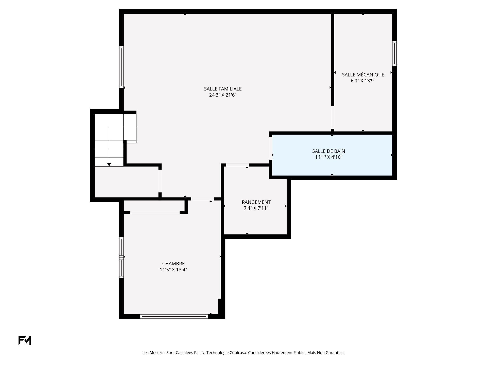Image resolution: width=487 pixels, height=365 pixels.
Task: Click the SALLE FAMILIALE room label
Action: [223, 89]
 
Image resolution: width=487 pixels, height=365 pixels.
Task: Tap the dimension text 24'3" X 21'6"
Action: [223, 95]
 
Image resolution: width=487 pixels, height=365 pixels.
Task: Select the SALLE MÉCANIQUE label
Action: [363, 75]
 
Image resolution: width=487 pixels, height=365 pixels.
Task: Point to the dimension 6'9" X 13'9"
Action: [363, 81]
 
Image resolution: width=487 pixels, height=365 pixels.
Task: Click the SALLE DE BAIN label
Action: [328, 151]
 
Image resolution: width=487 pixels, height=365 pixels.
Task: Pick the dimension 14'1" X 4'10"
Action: [328, 157]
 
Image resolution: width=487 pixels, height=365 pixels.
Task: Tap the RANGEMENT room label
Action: [256, 202]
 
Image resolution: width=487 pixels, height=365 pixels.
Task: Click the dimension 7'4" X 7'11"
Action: [256, 208]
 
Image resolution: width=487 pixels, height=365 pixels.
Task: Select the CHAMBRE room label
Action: [173, 264]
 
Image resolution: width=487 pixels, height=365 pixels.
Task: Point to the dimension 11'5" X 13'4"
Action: [173, 270]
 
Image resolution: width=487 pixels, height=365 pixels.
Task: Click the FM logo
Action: [25, 340]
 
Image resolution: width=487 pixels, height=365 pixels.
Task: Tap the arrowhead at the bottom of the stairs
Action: [109, 165]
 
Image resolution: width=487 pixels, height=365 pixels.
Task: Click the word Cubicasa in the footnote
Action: [238, 353]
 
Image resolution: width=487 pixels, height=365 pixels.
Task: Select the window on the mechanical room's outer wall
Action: [394, 53]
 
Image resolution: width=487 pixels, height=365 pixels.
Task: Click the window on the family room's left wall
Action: [121, 67]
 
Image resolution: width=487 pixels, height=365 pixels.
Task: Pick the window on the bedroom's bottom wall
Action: [174, 316]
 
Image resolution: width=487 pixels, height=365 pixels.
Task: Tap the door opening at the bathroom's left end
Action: [271, 148]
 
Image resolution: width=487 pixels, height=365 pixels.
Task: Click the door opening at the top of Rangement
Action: [237, 165]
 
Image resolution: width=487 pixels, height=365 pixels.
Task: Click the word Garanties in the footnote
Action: [335, 353]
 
